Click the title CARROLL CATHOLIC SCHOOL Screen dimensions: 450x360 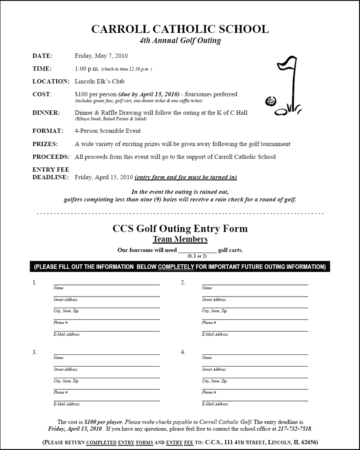click(x=180, y=29)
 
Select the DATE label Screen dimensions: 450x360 click(x=42, y=56)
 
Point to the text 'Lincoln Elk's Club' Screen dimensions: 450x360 click(x=100, y=82)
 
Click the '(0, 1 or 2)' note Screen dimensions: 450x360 click(x=197, y=256)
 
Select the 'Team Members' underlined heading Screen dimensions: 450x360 click(x=180, y=239)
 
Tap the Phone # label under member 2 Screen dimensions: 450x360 click(x=209, y=323)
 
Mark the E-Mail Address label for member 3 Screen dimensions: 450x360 click(x=66, y=404)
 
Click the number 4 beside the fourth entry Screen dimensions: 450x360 click(x=183, y=352)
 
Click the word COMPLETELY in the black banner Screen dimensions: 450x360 click(x=176, y=267)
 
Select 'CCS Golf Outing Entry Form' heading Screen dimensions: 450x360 click(x=180, y=228)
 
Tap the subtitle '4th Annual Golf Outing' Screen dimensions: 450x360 click(x=180, y=41)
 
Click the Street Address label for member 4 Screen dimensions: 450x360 click(x=214, y=370)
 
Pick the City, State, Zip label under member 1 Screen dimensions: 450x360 click(x=65, y=311)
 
